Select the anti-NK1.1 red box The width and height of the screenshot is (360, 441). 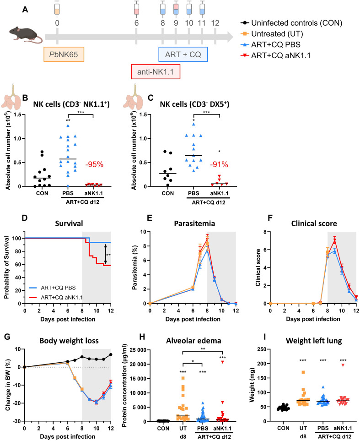[x=154, y=73]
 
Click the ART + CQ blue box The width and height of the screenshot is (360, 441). [x=184, y=55]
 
